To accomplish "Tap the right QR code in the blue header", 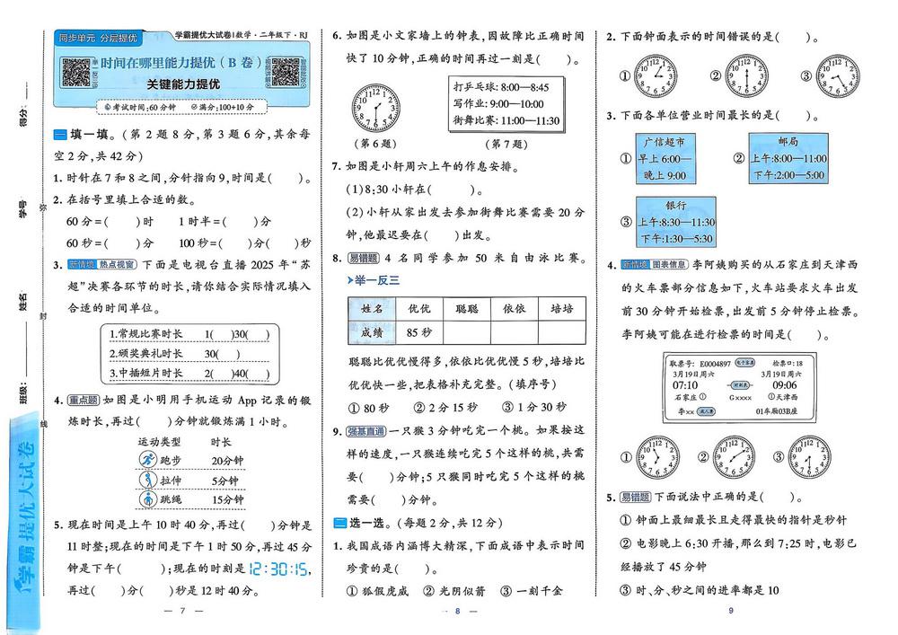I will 286,71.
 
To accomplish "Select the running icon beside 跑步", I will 148,460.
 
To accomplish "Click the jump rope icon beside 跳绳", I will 148,499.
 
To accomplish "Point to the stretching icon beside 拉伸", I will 148,480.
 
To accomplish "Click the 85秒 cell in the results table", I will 418,332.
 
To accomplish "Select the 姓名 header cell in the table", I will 371,308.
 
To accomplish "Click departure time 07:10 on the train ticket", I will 685,384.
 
